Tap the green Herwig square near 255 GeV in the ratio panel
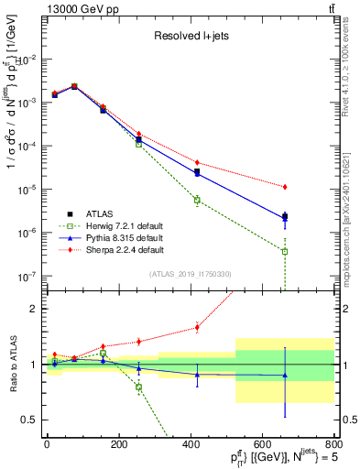[139, 387]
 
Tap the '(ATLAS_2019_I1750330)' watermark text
[191, 274]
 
